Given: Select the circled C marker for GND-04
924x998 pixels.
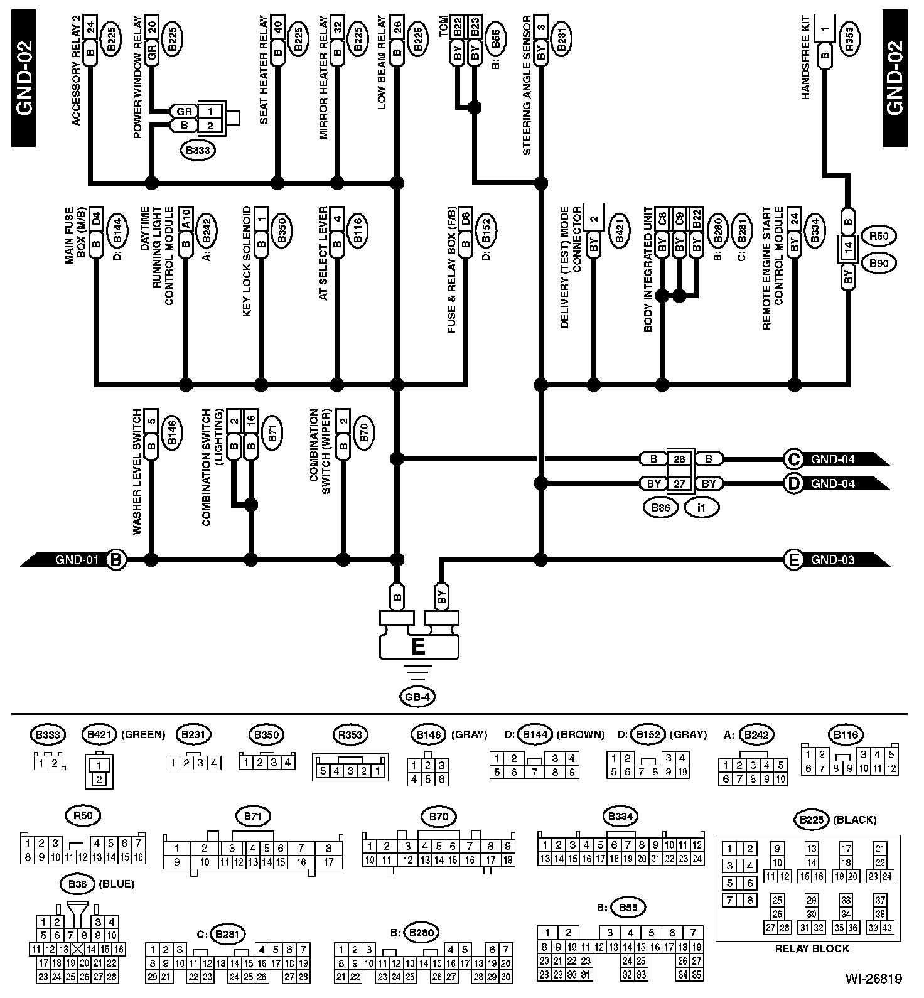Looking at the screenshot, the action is coord(793,459).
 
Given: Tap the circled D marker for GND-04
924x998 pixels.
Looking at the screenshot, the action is coord(793,483).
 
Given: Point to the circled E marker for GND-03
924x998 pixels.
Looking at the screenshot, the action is coord(793,559).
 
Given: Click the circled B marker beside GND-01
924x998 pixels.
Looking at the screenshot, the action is coord(115,559).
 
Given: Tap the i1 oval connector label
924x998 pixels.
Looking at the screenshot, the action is coord(701,508).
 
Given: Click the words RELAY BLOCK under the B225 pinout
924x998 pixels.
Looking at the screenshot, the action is coord(812,948).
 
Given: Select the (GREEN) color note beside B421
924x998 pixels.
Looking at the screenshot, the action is coord(142,734).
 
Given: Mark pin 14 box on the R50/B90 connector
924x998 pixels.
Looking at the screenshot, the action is coord(848,249).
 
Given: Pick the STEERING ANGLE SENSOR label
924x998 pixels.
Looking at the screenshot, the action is coord(527,85).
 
